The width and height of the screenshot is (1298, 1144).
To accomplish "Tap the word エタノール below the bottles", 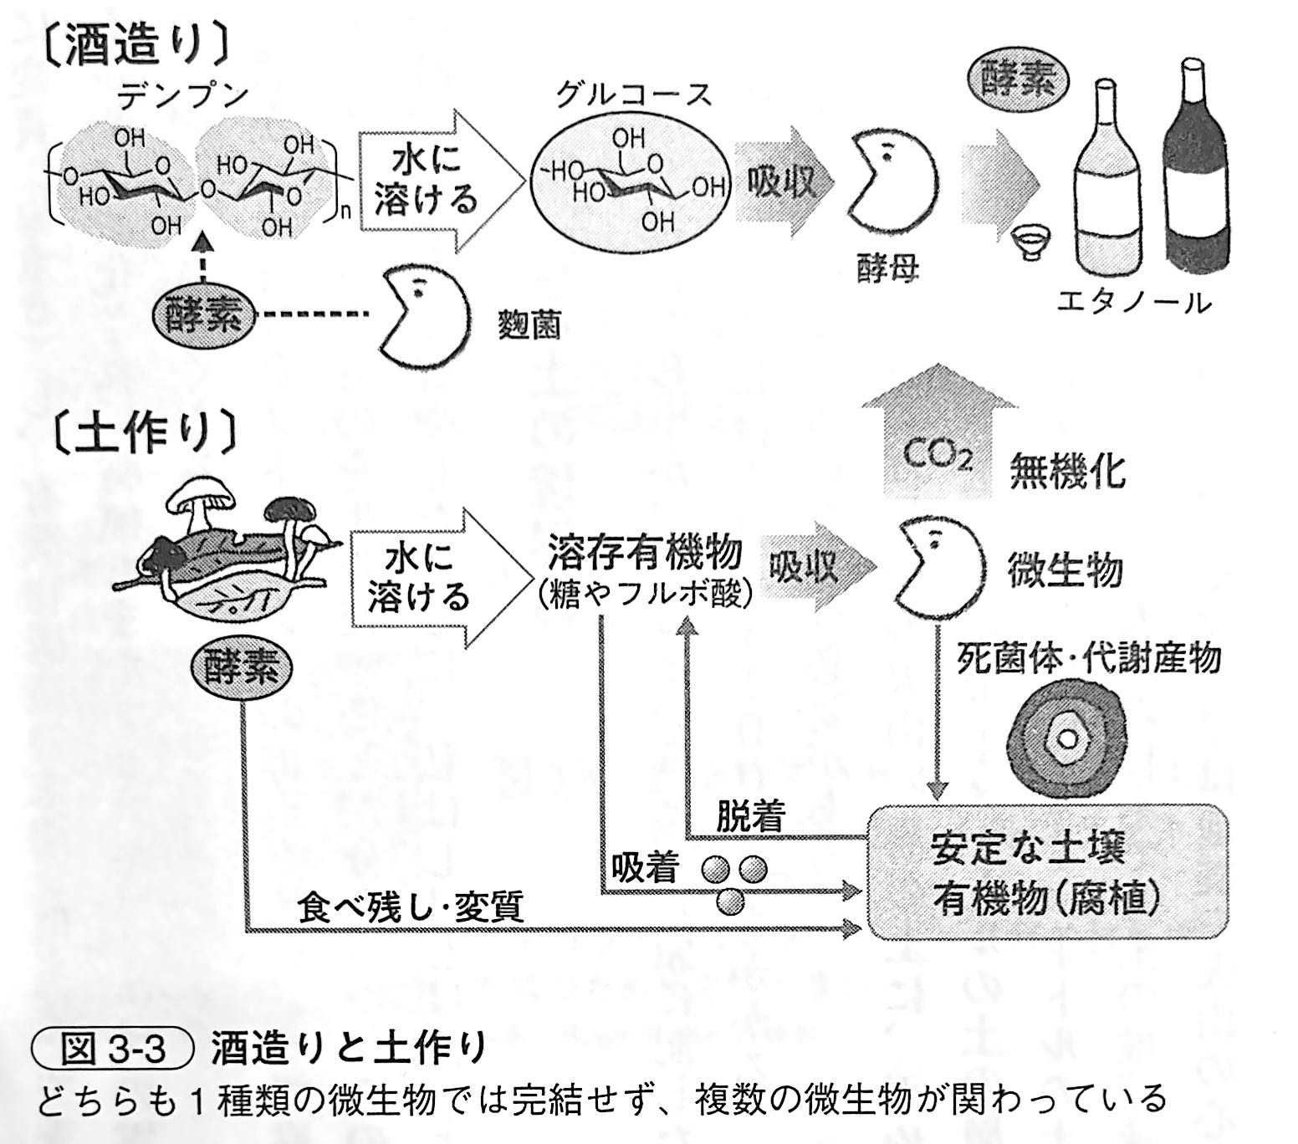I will pos(1133,302).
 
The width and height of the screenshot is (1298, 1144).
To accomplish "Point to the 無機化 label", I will pos(1067,471).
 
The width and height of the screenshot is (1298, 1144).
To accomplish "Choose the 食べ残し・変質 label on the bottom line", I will pos(410,907).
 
